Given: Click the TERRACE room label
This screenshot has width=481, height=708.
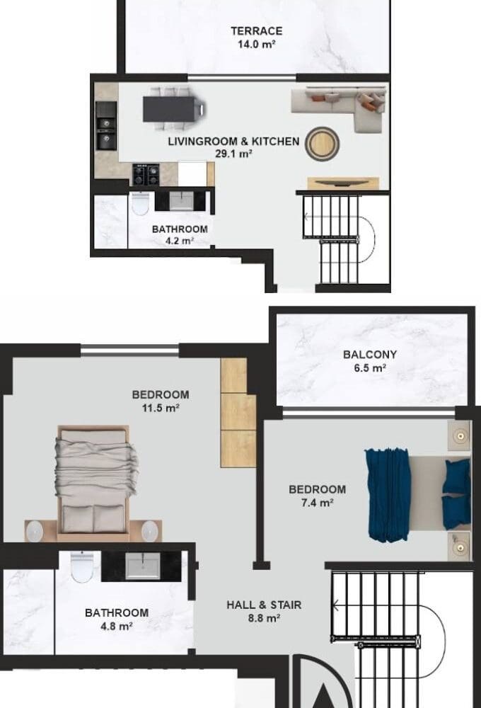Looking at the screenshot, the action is point(256,31).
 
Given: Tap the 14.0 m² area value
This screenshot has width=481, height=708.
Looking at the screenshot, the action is point(256,44).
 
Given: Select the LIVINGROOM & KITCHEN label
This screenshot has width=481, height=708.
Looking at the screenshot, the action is point(233,142).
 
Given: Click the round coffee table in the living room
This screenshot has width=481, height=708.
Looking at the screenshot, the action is point(322,144).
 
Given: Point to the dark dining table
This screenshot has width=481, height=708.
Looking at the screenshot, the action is point(171,109).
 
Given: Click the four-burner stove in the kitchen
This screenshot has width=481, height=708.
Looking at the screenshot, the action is point(146,175).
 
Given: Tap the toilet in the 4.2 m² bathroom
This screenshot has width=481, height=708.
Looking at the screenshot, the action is point(140,204).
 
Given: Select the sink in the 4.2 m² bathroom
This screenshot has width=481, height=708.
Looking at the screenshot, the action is point(181,201).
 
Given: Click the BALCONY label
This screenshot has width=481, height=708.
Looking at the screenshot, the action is point(369,355).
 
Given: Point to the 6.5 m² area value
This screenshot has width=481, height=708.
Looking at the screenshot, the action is point(369,368).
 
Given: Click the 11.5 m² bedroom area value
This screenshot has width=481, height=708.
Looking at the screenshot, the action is point(161,409).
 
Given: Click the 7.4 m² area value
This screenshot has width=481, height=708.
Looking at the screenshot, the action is point(317,503).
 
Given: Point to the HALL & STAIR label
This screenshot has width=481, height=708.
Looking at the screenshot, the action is point(264,605).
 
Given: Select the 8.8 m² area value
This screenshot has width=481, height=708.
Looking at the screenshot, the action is point(264,619).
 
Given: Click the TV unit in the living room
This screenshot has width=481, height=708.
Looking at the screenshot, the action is point(343,183).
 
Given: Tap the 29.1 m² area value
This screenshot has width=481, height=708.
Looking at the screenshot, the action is point(233,154).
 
